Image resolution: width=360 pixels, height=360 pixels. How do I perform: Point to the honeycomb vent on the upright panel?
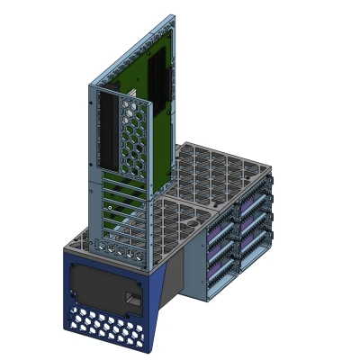coord(130,135)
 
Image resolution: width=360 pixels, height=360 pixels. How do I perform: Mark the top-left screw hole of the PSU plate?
coord(76,267)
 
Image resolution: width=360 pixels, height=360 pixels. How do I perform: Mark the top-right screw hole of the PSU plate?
coord(141,276)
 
